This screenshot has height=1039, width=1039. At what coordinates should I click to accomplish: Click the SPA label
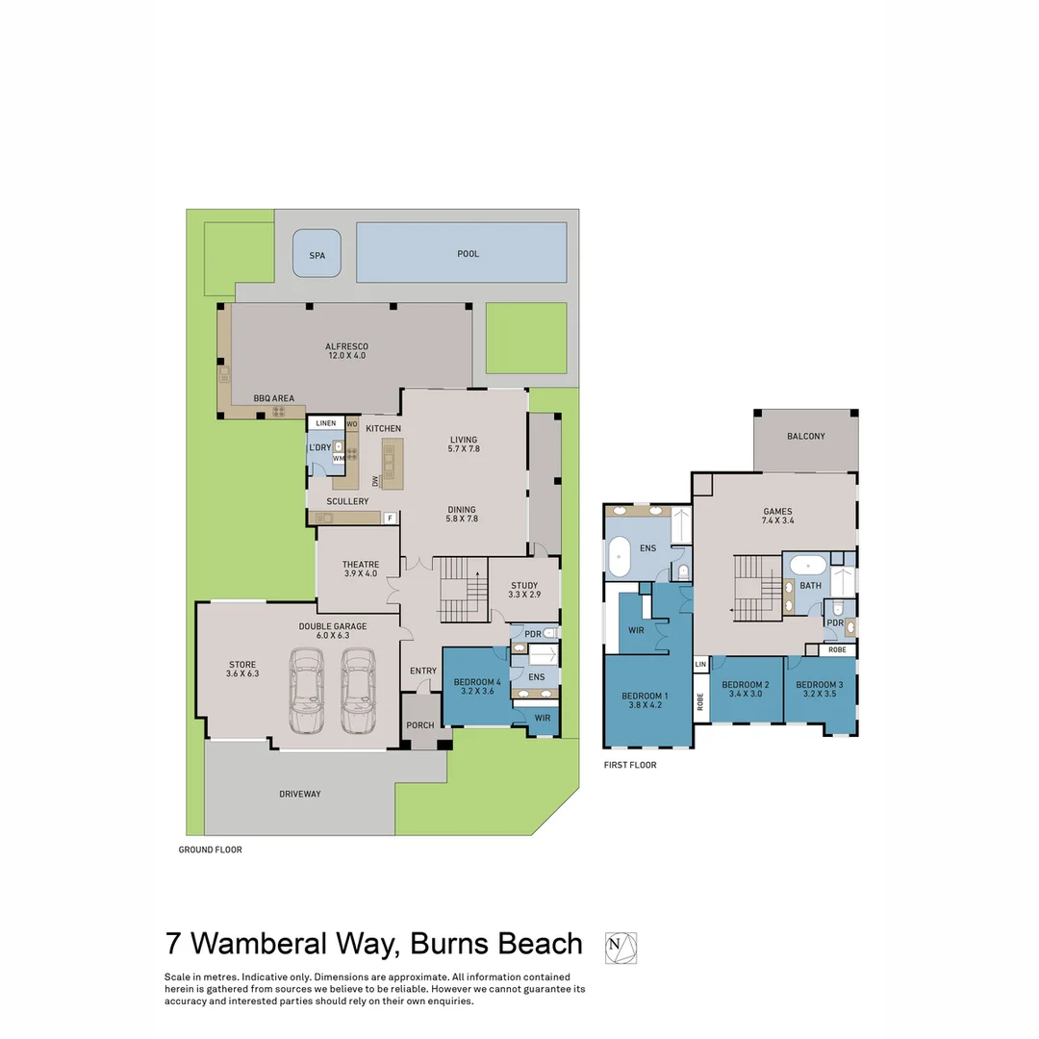(317, 255)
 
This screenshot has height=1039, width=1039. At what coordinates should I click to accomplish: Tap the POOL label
(468, 254)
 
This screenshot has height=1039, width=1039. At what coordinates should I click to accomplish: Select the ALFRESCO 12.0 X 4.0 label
(346, 351)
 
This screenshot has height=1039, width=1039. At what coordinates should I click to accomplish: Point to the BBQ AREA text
(273, 398)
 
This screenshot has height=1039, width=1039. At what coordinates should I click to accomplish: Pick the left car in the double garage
(306, 690)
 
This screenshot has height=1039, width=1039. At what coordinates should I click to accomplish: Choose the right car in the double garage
(358, 690)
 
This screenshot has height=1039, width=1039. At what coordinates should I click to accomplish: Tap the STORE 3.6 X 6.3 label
(241, 669)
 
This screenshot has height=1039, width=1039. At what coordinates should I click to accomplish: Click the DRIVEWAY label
(300, 794)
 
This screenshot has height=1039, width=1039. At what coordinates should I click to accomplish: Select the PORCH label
(420, 725)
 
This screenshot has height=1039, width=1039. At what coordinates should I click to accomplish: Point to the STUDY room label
(524, 590)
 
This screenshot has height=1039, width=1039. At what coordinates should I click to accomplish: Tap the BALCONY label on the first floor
(805, 436)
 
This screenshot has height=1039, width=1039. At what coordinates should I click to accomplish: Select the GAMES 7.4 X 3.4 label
(777, 517)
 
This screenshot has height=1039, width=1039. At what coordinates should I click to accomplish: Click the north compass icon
(621, 948)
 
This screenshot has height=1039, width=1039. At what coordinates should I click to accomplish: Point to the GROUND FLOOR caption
(210, 849)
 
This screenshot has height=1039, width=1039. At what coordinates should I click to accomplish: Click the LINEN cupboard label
(325, 423)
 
